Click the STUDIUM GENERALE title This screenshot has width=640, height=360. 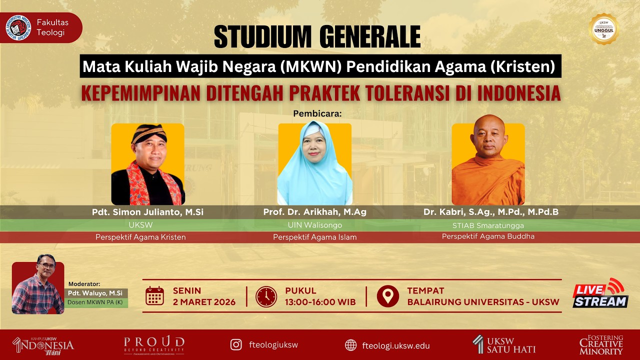coord(317,36)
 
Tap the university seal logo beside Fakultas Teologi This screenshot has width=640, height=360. coord(18,27)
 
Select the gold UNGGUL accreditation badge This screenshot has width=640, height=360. coord(604,29)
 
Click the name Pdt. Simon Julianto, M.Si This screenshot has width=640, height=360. coord(147,212)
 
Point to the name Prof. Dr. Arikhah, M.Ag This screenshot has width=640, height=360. coord(315,212)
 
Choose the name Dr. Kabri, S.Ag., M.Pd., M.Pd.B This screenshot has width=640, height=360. coord(491,212)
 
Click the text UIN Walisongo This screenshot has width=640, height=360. coord(315,225)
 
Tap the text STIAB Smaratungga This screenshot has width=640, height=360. coord(488,225)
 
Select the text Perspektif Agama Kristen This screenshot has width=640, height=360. coord(140,237)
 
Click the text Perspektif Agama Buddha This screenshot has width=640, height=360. coord(488,236)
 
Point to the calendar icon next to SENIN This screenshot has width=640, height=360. coord(155,296)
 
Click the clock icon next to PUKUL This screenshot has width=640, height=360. coord(266,296)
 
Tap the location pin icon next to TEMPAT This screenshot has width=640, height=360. coord(387,296)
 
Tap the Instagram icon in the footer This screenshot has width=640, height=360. coord(236,345)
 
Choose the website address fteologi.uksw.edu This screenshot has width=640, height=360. coord(395,345)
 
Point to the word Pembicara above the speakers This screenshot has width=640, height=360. coord(317,113)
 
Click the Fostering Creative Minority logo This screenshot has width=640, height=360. coord(601,345)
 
